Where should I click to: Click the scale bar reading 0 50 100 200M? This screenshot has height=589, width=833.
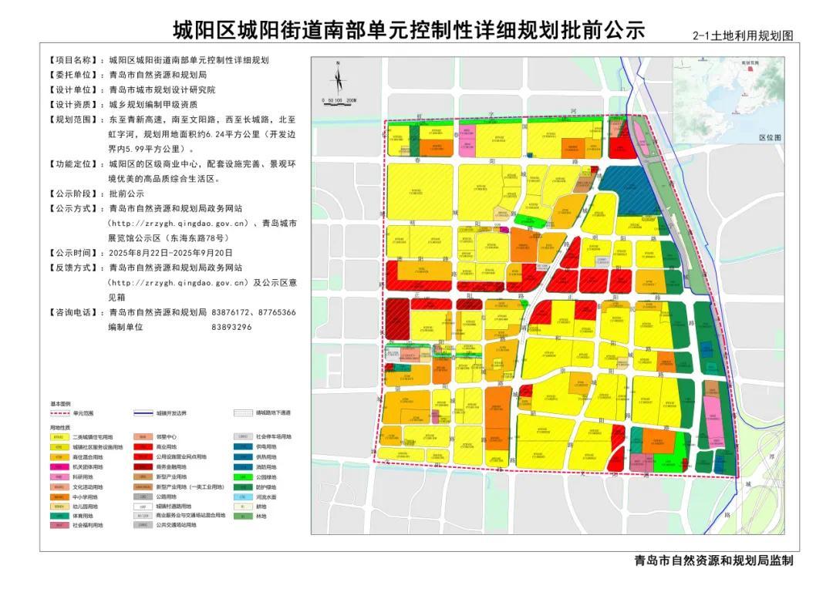pyautogui.click(x=339, y=100)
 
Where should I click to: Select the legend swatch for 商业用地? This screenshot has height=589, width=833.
pyautogui.click(x=143, y=447)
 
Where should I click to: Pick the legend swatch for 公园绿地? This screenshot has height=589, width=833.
pyautogui.click(x=242, y=476)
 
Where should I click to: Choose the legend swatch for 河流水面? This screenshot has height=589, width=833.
pyautogui.click(x=242, y=496)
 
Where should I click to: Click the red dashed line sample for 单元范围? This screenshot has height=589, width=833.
pyautogui.click(x=60, y=413)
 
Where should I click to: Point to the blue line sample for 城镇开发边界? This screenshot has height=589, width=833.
pyautogui.click(x=143, y=413)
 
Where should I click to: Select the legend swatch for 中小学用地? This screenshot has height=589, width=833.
pyautogui.click(x=59, y=496)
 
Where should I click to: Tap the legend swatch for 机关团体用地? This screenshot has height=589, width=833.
pyautogui.click(x=59, y=466)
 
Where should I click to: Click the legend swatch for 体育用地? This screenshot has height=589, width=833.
pyautogui.click(x=59, y=516)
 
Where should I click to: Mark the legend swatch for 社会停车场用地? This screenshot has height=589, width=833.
pyautogui.click(x=242, y=437)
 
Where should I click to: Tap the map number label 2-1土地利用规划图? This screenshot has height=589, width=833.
pyautogui.click(x=743, y=35)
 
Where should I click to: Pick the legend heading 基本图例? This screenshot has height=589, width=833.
pyautogui.click(x=60, y=403)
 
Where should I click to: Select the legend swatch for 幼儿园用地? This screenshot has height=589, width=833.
pyautogui.click(x=59, y=507)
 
